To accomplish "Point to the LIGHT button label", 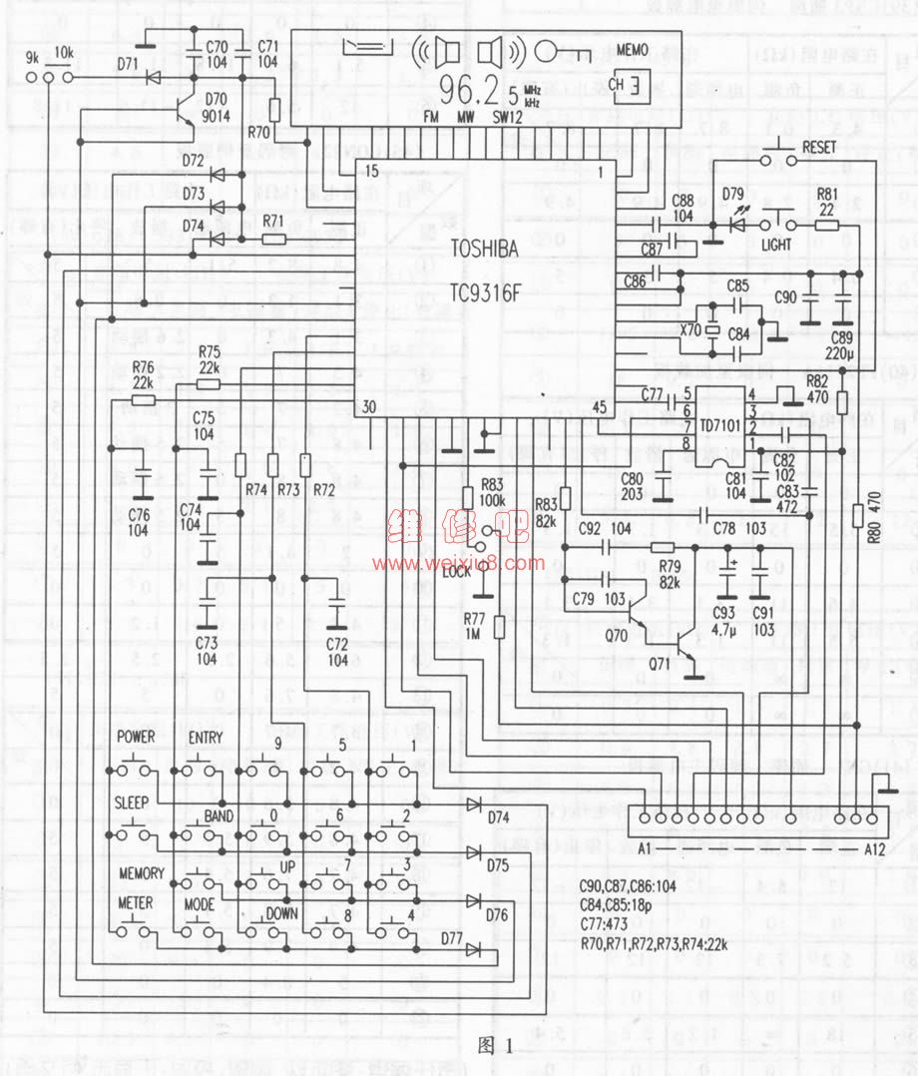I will click(x=776, y=245).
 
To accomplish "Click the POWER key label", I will click(x=136, y=737).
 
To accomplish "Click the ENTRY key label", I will click(x=206, y=737).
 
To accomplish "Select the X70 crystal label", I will click(x=689, y=327).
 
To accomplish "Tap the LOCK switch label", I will click(x=456, y=571).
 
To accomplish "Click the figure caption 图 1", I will click(x=496, y=1046).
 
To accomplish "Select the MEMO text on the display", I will click(x=633, y=48).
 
